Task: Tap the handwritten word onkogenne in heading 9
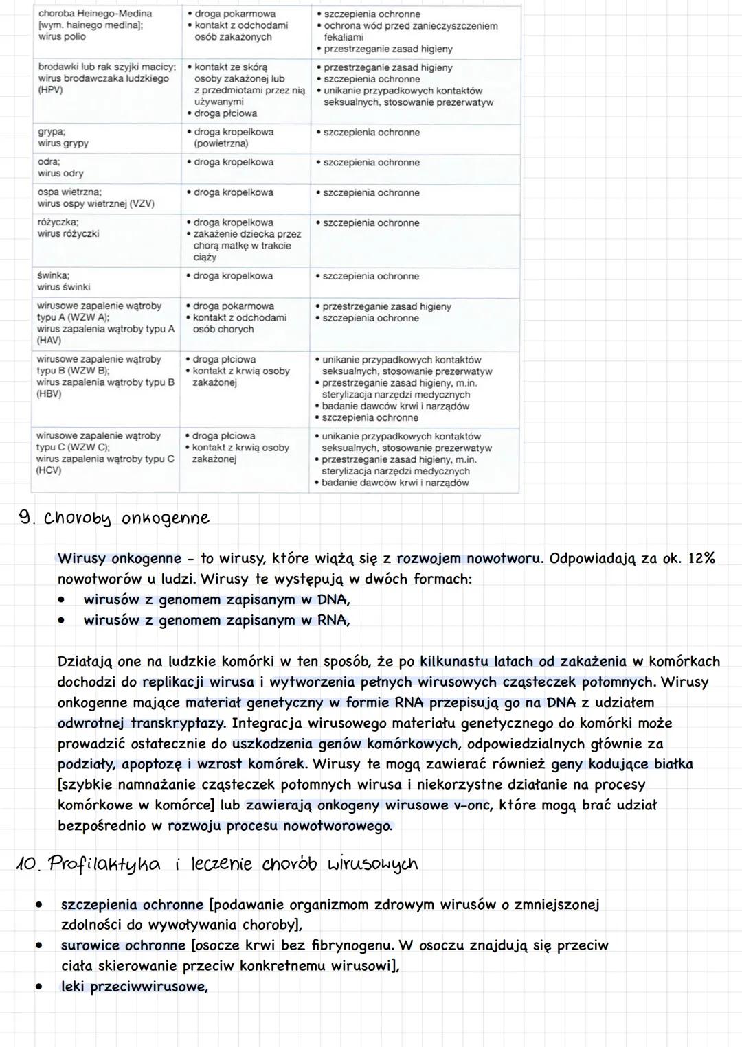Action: [165, 519]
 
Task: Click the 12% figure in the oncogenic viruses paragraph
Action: [701, 558]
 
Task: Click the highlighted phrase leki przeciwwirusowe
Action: [134, 987]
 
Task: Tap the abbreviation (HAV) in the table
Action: [49, 341]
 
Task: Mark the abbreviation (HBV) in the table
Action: [49, 394]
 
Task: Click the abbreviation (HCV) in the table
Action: [49, 470]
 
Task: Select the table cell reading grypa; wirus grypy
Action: [63, 137]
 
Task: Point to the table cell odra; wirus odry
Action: [60, 168]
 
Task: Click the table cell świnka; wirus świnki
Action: [63, 281]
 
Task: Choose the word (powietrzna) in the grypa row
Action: [221, 143]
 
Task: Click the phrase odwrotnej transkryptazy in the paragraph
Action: [141, 723]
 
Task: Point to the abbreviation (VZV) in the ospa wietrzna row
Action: [142, 204]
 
